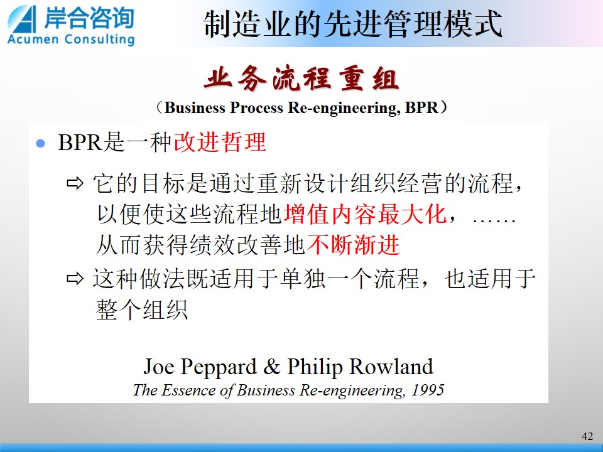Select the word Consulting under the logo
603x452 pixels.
coord(100,40)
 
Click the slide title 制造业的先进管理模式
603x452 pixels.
coord(352,24)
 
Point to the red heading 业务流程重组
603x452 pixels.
coord(301,79)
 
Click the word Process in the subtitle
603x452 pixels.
coord(256,107)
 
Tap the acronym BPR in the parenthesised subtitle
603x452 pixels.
coord(421,107)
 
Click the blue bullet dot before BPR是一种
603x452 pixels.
coord(40,144)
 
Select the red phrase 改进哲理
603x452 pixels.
coord(220,143)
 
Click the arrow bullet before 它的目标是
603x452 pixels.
coord(75,183)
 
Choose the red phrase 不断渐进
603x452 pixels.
coord(354,245)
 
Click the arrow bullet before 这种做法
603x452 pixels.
coord(75,279)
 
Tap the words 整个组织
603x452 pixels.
coord(142,309)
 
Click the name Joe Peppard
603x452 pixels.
coord(200,367)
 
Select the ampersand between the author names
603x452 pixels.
coord(272,366)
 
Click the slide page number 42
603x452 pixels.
coord(587,436)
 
